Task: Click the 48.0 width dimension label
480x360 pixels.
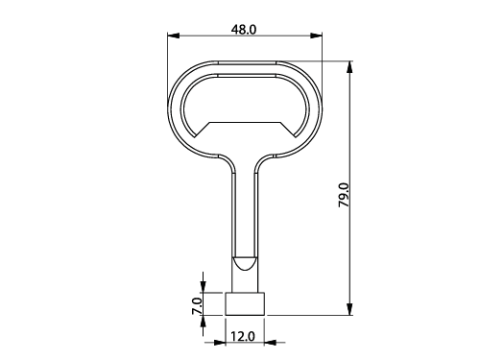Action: coord(244,30)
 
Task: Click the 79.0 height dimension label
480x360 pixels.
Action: coord(345,195)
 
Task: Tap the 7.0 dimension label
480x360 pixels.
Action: coord(198,306)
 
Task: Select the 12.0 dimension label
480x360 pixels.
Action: coord(243,336)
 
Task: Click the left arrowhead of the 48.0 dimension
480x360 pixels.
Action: coord(173,36)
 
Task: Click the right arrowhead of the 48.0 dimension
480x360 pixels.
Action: coord(316,36)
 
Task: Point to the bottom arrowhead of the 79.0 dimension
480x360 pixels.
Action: coord(349,309)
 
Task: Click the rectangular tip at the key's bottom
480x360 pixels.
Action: coord(245,304)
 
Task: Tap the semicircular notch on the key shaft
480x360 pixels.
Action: coord(245,263)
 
